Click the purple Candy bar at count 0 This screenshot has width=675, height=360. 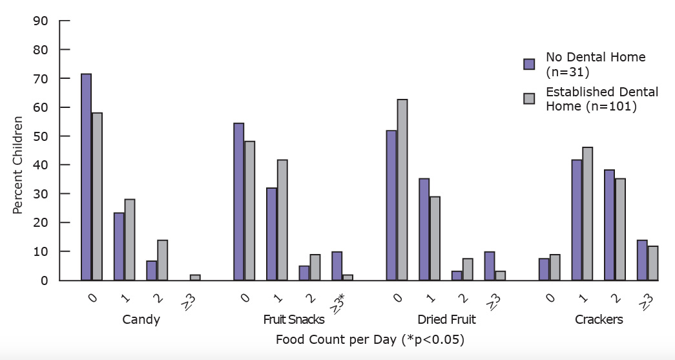click(86, 177)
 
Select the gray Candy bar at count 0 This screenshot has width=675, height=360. click(97, 196)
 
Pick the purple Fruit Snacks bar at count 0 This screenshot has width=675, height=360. click(238, 202)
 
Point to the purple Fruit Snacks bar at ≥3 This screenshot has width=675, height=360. click(337, 266)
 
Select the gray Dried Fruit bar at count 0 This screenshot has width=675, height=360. click(402, 189)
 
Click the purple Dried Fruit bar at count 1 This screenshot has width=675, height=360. click(424, 229)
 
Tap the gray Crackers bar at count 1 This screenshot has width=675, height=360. click(587, 213)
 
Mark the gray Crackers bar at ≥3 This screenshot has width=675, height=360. click(652, 263)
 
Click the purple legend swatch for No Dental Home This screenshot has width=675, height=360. click(529, 63)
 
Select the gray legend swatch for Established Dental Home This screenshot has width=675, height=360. click(529, 99)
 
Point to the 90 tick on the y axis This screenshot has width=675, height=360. click(40, 21)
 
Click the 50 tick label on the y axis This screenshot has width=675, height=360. click(40, 136)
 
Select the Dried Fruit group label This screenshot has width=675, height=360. click(446, 320)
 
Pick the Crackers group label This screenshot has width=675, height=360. click(599, 320)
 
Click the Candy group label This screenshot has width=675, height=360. click(141, 320)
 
